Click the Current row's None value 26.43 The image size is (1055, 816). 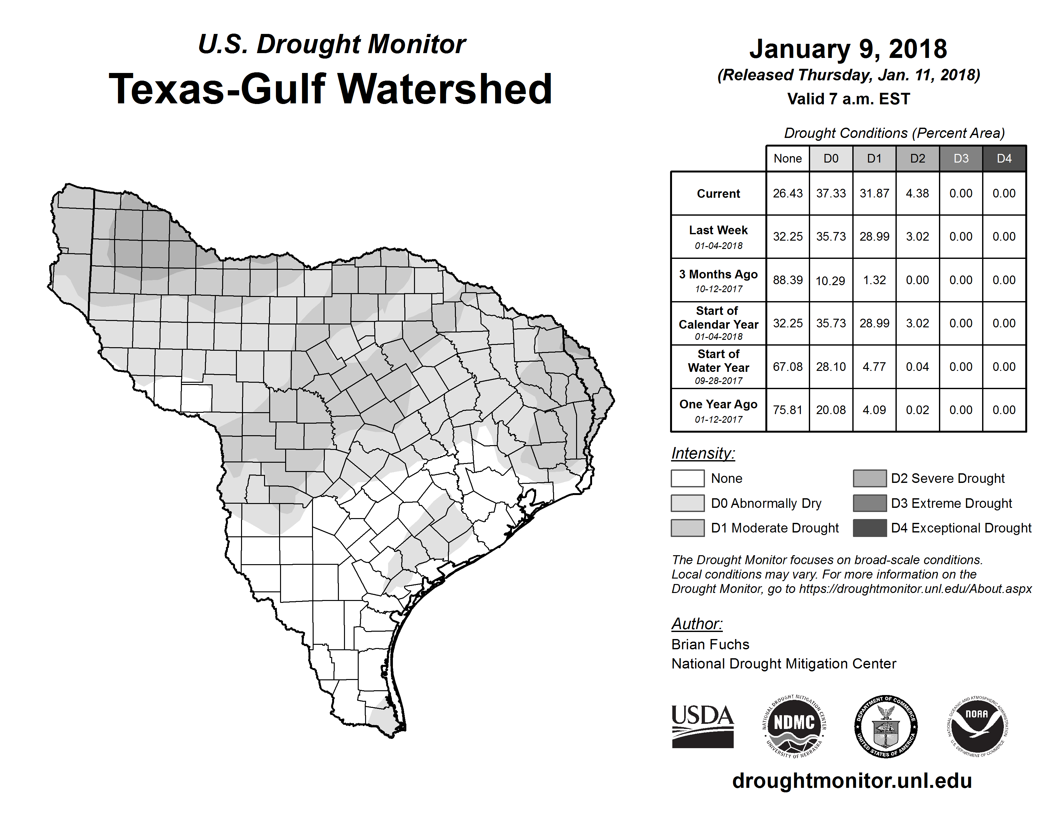[x=787, y=193]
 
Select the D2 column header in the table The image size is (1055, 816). [x=917, y=158]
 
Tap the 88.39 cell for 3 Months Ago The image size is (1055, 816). [x=787, y=280]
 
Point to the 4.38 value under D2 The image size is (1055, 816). [x=917, y=193]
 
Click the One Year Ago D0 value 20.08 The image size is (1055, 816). [x=831, y=410]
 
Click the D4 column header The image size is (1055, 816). [x=1004, y=158]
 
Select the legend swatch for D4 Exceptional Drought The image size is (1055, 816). [x=870, y=528]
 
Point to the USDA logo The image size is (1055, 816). [x=702, y=726]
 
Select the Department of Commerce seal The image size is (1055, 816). [x=886, y=726]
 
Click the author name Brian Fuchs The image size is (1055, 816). [x=710, y=644]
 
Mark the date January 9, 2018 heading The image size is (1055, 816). [x=848, y=49]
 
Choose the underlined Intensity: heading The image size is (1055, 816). [x=703, y=453]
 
